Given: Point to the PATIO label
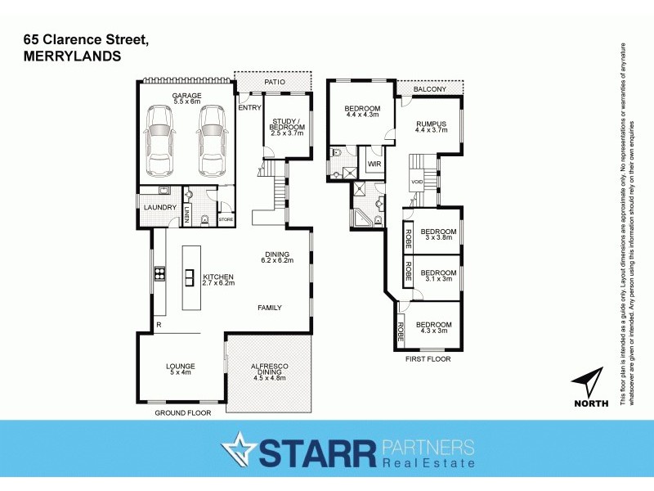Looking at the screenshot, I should coord(274,82).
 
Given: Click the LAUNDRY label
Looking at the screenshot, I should coord(159,207).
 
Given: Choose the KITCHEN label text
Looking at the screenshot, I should coord(218,278).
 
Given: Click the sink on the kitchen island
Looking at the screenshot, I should coord(189,276).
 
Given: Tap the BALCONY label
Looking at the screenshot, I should coord(428,88).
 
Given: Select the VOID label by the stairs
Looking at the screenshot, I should coord(416,182).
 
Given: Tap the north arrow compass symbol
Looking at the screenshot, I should coord(590,384).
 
